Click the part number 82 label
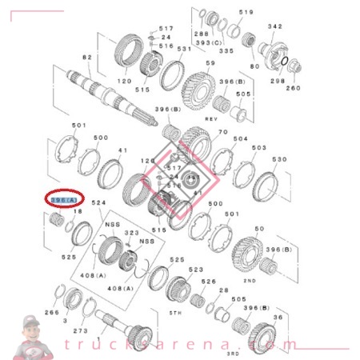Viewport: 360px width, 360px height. pyautogui.click(x=87, y=58)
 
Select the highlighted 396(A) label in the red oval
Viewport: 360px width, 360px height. pyautogui.click(x=64, y=199)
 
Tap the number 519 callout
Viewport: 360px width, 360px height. pyautogui.click(x=246, y=13)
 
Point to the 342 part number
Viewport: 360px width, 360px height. pyautogui.click(x=275, y=26)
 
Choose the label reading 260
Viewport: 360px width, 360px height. pyautogui.click(x=294, y=88)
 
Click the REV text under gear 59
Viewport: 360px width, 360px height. pyautogui.click(x=212, y=118)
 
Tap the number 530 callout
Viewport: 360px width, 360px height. pyautogui.click(x=279, y=159)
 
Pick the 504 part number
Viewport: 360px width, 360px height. pyautogui.click(x=240, y=138)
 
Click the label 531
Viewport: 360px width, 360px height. pyautogui.click(x=184, y=49)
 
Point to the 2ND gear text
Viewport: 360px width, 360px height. pyautogui.click(x=249, y=282)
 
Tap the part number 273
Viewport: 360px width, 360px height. pyautogui.click(x=80, y=330)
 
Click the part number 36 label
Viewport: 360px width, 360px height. pyautogui.click(x=278, y=318)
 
